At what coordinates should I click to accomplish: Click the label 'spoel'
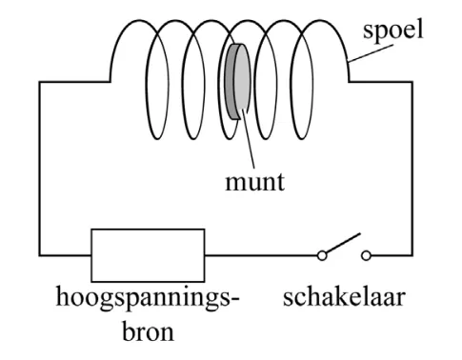pos(393,30)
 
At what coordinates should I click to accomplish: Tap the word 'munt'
pos(254,182)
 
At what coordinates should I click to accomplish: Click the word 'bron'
pos(149,331)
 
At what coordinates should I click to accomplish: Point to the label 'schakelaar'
pos(344,297)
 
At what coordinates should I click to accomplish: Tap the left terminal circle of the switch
pos(322,255)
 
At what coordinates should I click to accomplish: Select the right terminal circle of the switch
pos(366,255)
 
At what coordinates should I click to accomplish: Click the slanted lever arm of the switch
pos(343,243)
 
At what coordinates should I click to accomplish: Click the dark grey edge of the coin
pos(230,81)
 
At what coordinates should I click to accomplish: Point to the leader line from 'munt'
pos(249,138)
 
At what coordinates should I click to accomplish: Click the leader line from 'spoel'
pos(371,53)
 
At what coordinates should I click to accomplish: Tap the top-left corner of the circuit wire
pos(39,82)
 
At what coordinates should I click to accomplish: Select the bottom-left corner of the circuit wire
pos(39,255)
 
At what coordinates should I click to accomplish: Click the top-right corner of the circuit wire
pos(412,82)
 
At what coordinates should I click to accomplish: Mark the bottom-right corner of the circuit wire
pos(412,255)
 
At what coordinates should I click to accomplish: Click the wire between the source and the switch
pos(261,255)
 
